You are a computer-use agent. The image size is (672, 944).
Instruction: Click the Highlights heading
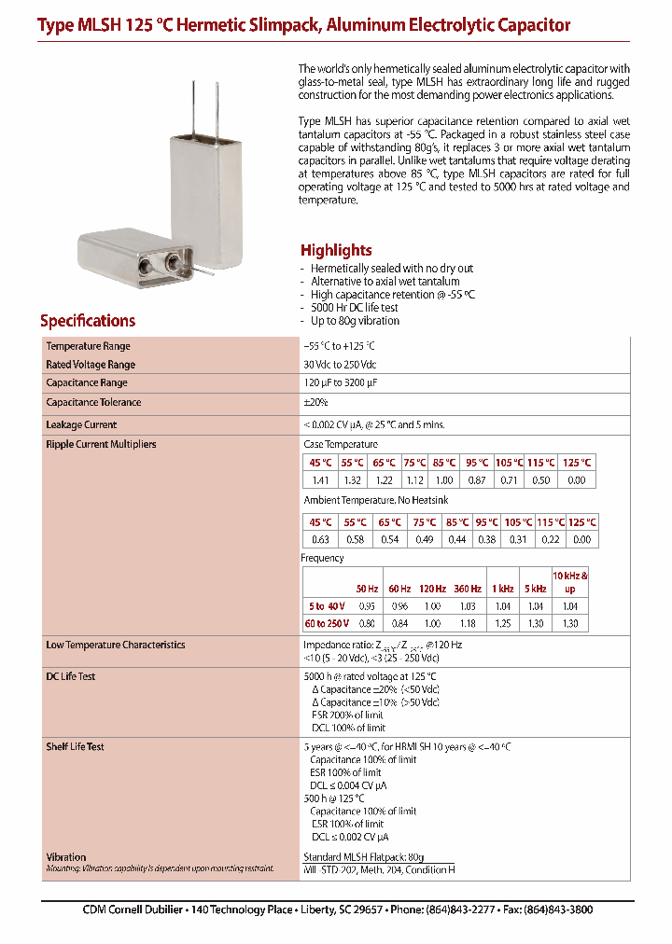(336, 250)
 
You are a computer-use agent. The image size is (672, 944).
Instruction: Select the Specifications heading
(88, 321)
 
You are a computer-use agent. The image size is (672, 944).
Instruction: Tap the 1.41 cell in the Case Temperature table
(320, 480)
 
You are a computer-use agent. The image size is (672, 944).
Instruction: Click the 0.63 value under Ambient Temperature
(320, 540)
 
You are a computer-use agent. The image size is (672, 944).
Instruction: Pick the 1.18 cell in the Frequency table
(468, 623)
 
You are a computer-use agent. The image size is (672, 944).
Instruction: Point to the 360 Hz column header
(468, 589)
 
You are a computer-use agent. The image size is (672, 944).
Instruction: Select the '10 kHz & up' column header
(570, 582)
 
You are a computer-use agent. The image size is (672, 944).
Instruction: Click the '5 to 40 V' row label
(327, 605)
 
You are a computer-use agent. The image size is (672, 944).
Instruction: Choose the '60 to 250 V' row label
(327, 623)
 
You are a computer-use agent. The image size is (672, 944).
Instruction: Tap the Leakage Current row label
(81, 424)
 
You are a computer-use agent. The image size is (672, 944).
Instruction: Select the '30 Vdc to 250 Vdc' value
(340, 365)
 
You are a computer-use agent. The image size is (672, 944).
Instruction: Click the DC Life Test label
(71, 676)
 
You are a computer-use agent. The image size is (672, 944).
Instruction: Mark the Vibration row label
(66, 856)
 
